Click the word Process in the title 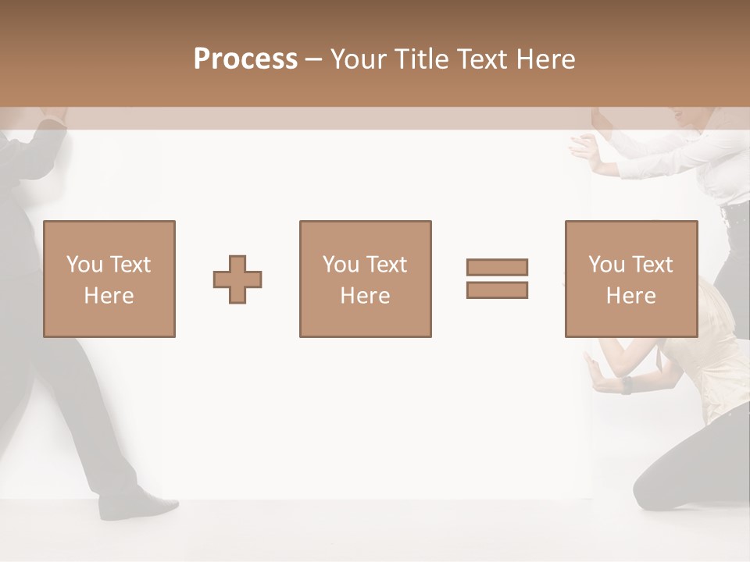click(x=245, y=59)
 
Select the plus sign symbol click(x=237, y=279)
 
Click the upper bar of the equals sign click(x=497, y=267)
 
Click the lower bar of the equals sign click(x=497, y=290)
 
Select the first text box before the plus click(x=109, y=279)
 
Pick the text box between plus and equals click(x=365, y=279)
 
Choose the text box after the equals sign click(x=631, y=279)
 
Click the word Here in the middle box click(x=365, y=296)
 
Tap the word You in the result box click(x=606, y=265)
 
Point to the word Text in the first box click(x=130, y=265)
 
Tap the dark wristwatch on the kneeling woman click(x=627, y=385)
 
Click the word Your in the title click(x=358, y=59)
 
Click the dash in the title click(x=313, y=59)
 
